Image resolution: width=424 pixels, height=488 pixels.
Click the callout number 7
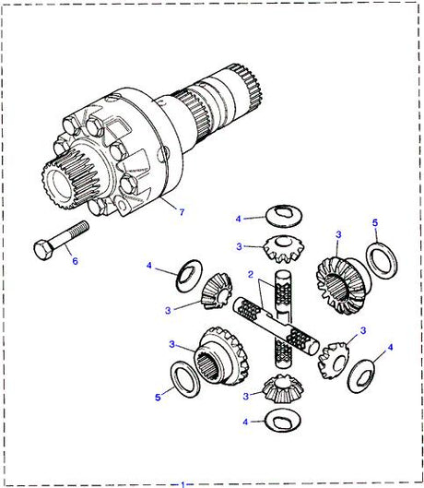(x=181, y=212)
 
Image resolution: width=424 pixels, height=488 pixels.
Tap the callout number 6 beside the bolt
(x=75, y=262)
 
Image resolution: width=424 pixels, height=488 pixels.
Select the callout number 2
(x=249, y=275)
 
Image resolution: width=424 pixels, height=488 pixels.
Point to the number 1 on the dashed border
(x=183, y=482)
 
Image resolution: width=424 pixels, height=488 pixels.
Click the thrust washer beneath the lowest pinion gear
(x=280, y=422)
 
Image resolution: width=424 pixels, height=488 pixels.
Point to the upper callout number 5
(x=374, y=222)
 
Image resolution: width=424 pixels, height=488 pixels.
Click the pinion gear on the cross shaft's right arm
(x=336, y=357)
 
